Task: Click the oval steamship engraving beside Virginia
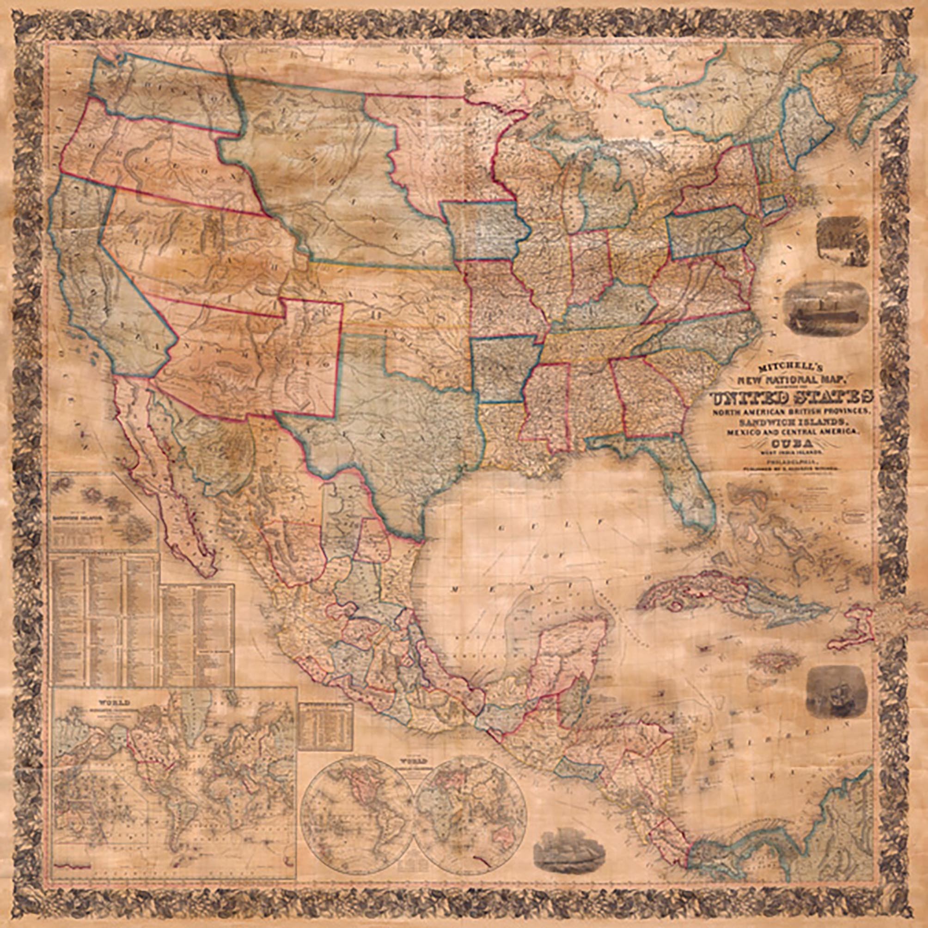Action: [826, 308]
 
